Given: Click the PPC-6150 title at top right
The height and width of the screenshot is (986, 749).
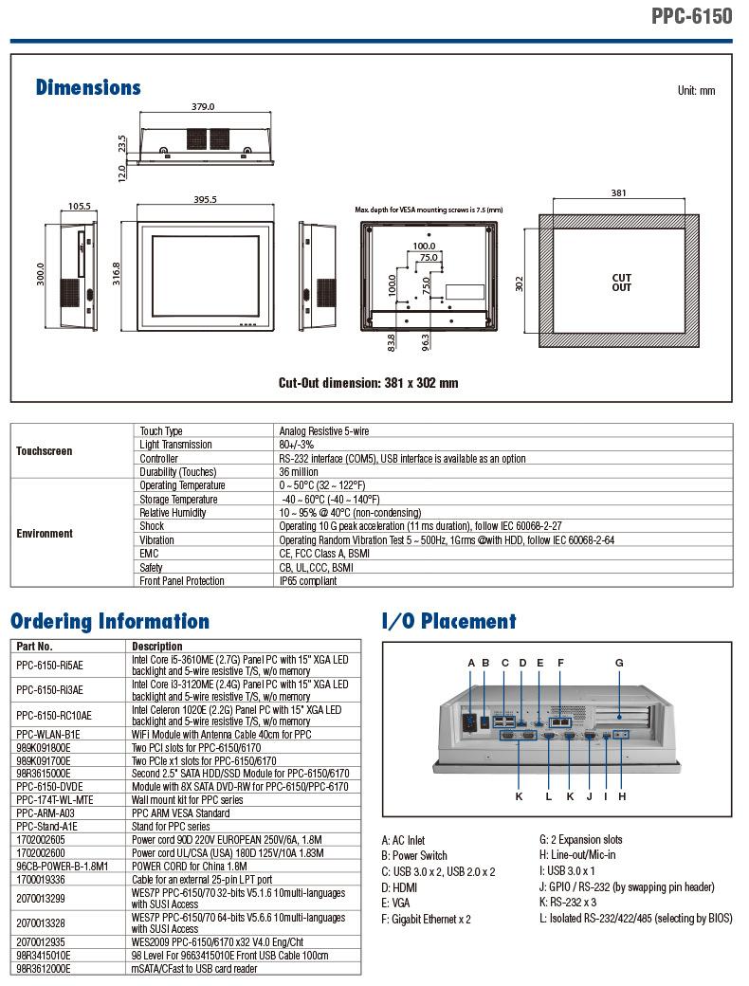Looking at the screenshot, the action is (691, 15).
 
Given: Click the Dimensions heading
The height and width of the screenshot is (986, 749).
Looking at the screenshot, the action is (88, 87).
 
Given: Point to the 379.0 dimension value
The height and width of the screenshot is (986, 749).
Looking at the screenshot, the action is (203, 107).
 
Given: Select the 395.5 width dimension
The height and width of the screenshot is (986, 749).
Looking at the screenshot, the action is (205, 199).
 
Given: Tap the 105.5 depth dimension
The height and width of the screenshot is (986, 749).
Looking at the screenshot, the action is (80, 206).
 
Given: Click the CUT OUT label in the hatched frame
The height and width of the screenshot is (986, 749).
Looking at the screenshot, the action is (621, 283).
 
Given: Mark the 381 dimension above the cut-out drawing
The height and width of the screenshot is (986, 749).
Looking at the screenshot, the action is (619, 193).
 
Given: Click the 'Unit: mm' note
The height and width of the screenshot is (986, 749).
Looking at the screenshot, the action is (696, 91).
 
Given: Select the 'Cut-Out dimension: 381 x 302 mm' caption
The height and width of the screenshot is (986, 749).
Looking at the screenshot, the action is (369, 383).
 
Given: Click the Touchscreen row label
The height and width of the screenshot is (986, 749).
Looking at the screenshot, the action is (44, 451).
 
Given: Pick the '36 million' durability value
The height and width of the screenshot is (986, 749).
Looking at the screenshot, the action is (299, 471).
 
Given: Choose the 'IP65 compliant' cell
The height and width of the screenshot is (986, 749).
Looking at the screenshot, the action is (308, 581).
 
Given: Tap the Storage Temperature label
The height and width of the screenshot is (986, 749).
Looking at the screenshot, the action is (178, 500).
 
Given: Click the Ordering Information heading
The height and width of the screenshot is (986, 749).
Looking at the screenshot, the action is (110, 621).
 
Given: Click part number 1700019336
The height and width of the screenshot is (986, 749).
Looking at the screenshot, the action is (41, 879).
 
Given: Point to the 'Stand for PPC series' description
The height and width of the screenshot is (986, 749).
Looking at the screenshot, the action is (171, 827).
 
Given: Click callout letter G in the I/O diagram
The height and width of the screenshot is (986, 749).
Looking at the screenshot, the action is (619, 663).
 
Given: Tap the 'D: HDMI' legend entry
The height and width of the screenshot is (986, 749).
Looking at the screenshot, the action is (399, 887).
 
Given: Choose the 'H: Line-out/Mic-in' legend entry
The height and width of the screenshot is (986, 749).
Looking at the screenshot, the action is (577, 854).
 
